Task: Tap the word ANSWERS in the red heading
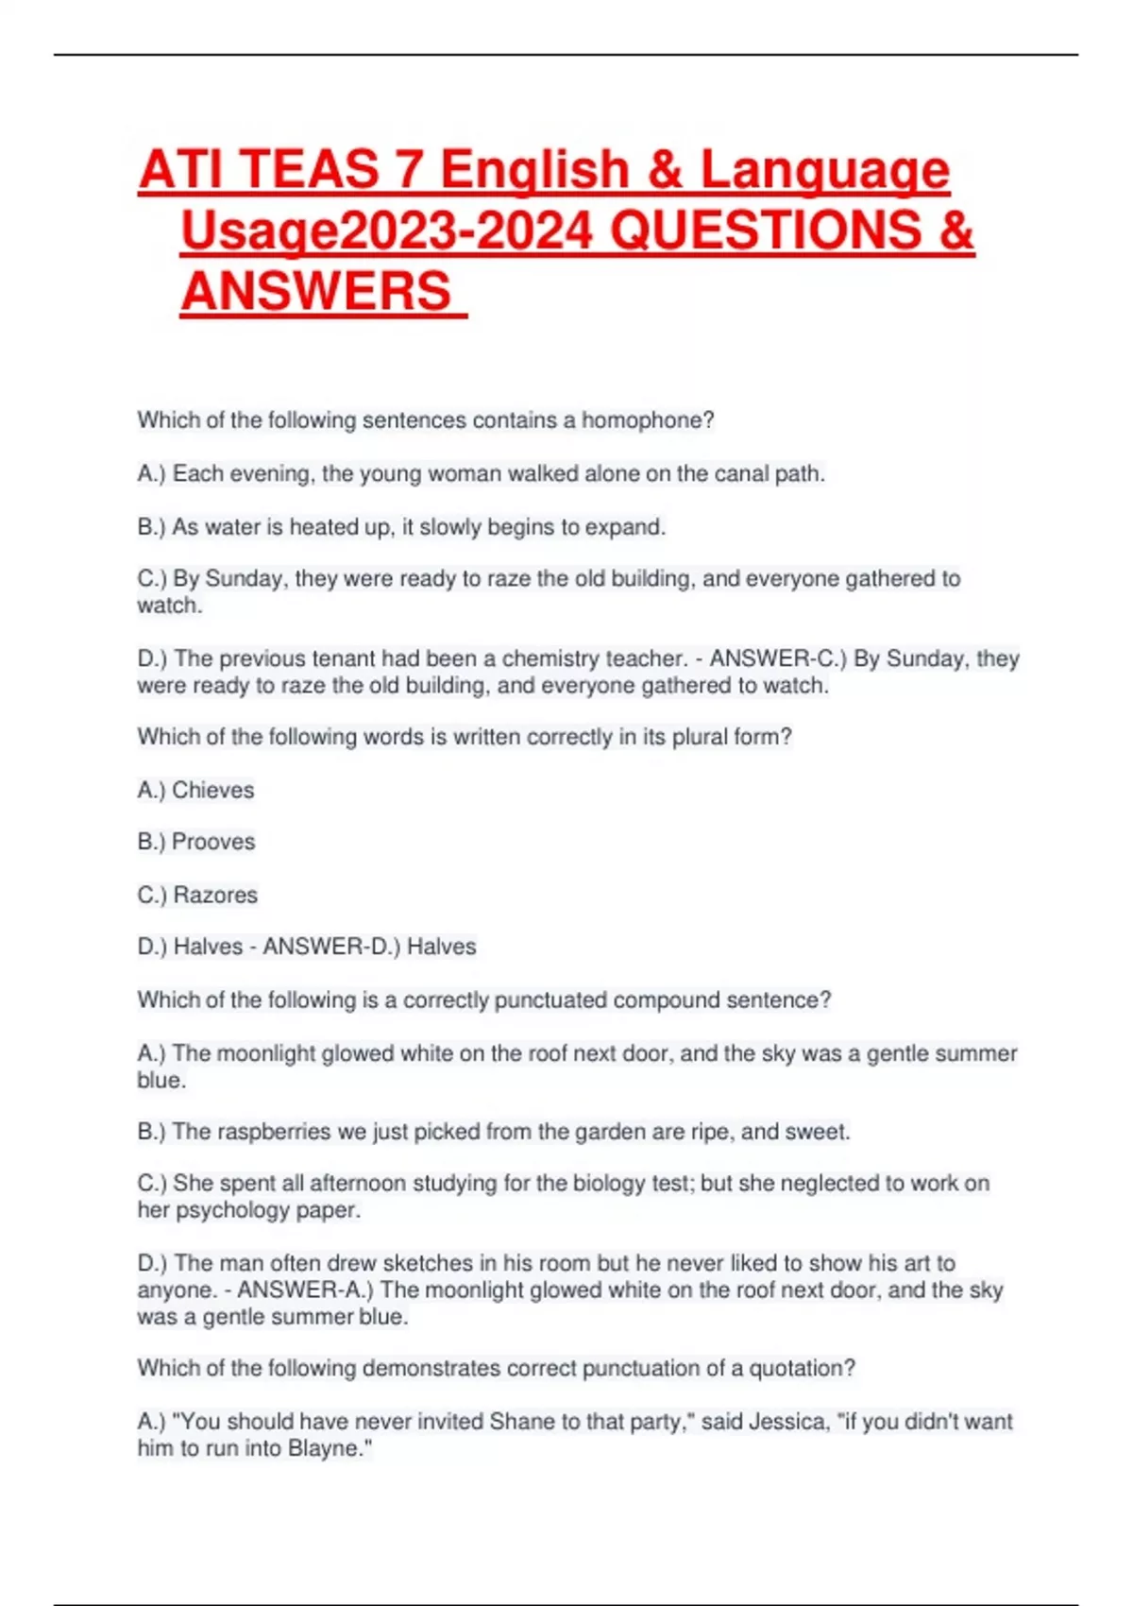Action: (x=316, y=291)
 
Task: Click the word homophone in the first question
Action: (x=647, y=420)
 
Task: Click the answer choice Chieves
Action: (x=212, y=790)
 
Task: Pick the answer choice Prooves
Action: (x=213, y=842)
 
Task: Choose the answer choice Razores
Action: (x=215, y=895)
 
